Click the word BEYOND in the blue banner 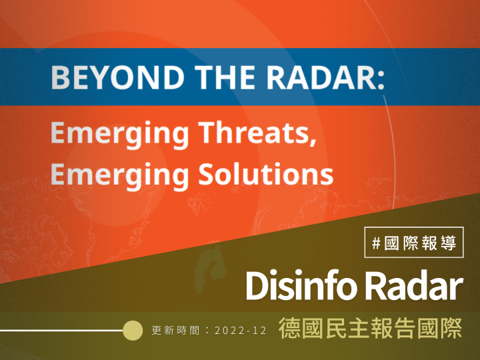117,77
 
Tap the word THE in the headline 225,77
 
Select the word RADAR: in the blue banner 326,77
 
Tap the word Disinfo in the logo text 301,285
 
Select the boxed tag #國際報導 414,242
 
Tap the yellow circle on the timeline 133,330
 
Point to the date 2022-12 241,331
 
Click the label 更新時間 176,331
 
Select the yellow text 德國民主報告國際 371,328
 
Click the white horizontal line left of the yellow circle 61,330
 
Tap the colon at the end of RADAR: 381,80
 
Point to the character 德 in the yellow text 289,328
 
